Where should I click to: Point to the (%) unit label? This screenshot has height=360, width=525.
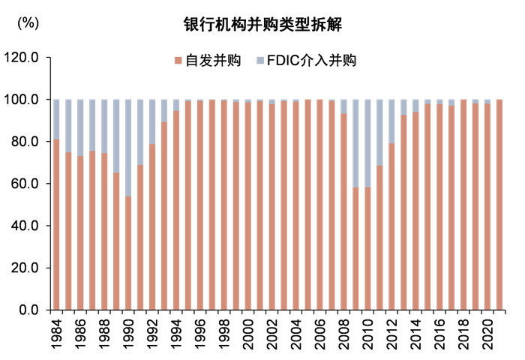pyautogui.click(x=28, y=22)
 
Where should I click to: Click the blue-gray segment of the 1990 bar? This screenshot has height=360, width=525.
pyautogui.click(x=128, y=147)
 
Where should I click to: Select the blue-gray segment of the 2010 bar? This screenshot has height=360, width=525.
pyautogui.click(x=368, y=142)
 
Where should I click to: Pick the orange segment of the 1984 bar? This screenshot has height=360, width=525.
pyautogui.click(x=56, y=225)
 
